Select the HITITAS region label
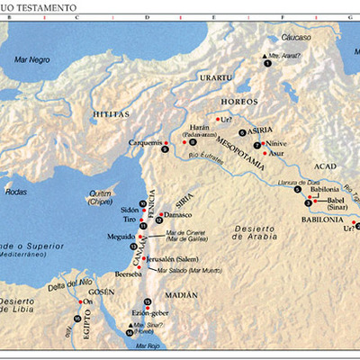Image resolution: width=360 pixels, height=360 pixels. click(x=112, y=114)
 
